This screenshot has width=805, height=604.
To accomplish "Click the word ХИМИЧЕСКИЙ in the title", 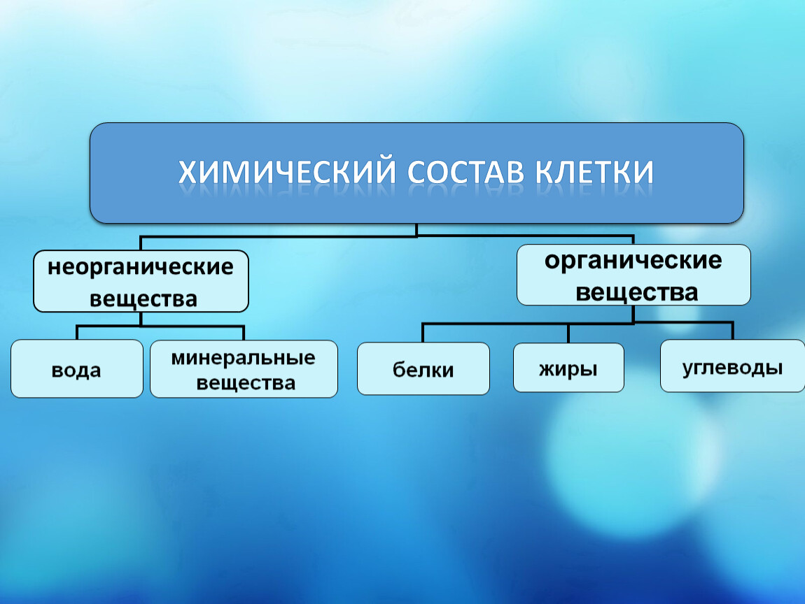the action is pos(287,172).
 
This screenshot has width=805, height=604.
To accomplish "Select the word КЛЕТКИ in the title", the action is pos(594,172).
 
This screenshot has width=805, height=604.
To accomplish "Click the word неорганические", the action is pos(141,268).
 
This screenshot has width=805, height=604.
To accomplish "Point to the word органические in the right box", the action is pos(633,261).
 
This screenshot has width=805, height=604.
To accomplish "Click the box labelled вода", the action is pos(77,368).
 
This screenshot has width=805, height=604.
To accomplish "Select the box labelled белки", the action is pos(423,368).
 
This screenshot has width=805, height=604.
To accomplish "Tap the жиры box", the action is pos(569,368).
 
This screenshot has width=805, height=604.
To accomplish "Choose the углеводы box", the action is pos(733,366).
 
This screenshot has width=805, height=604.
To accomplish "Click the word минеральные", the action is pos(244,358).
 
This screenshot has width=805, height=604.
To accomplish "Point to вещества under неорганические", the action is pos(143,299).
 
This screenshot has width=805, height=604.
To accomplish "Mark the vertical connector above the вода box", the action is pos(77,332).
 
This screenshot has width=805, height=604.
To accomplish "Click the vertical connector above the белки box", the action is pos(423,333).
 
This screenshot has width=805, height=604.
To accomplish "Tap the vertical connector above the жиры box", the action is pos(568,333).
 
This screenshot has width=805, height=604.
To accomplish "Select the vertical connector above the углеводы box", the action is pos(732,331).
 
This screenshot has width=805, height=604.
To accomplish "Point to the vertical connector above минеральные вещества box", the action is pos(244,333).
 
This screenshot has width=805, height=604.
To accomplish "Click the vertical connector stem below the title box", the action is pos(416,230).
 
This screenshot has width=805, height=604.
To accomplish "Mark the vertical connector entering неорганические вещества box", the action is pos(141,243).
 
